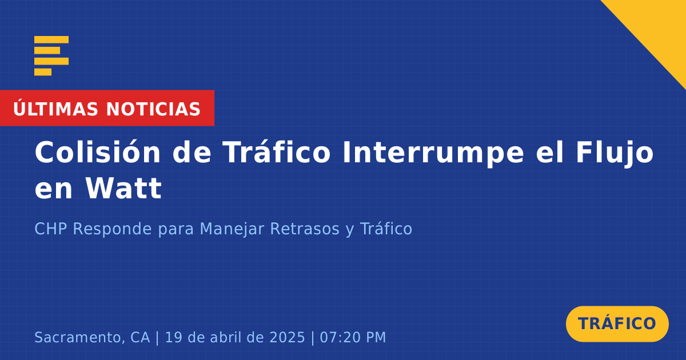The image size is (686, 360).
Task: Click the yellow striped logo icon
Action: (x=51, y=56)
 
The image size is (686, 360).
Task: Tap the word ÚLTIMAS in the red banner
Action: (x=55, y=109)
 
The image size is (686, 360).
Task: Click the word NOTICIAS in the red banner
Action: (x=153, y=109)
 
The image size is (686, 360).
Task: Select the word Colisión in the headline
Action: (x=97, y=152)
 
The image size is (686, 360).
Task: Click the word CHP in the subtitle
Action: (x=51, y=229)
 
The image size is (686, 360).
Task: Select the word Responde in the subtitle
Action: (x=112, y=229)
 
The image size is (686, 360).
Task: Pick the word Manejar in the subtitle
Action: (x=232, y=229)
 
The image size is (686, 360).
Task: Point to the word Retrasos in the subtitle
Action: (x=305, y=229)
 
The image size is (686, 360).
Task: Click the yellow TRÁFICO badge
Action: (x=617, y=323)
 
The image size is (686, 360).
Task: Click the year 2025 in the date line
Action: (x=287, y=337)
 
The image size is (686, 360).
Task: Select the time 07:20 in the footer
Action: (x=338, y=337)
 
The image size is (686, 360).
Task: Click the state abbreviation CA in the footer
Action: (x=140, y=337)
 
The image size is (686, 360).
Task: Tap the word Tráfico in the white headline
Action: (x=276, y=152)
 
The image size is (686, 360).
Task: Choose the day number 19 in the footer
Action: (x=174, y=337)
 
